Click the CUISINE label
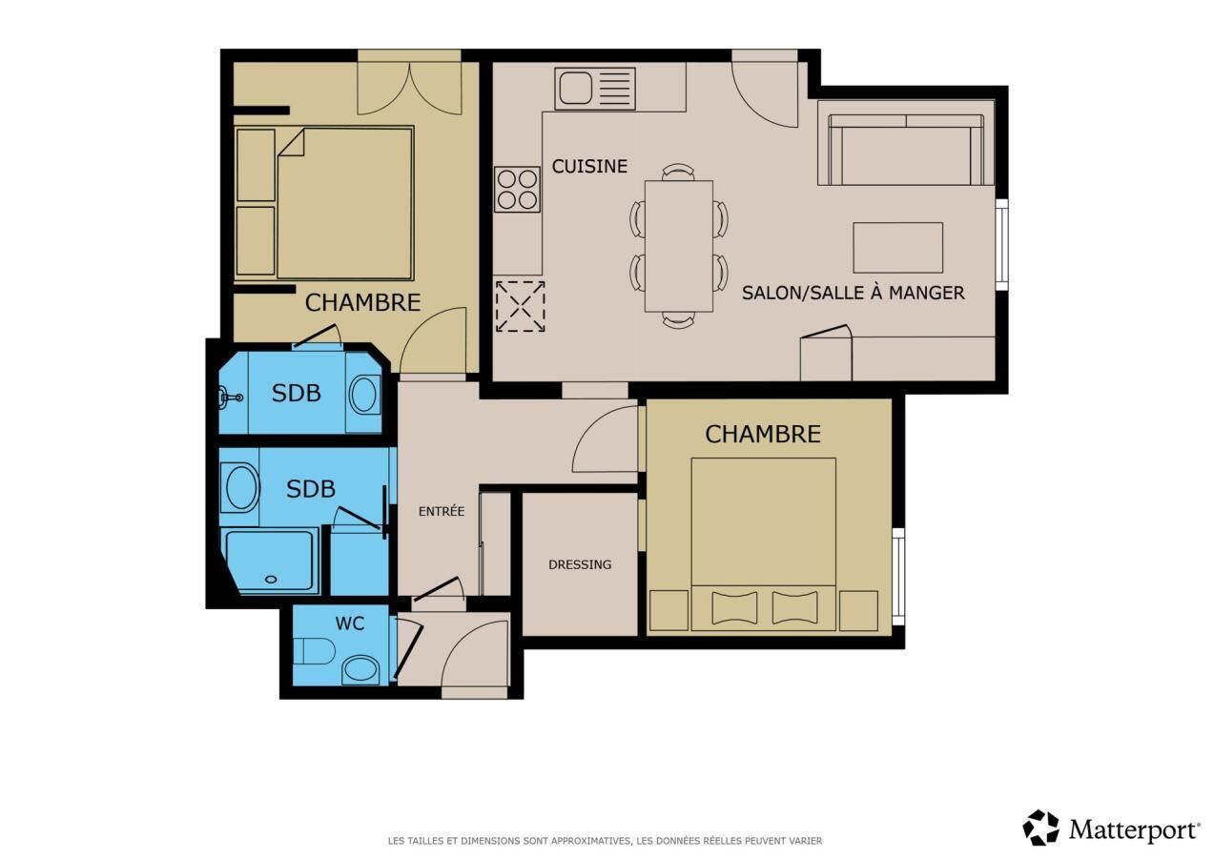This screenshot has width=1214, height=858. coord(589,166)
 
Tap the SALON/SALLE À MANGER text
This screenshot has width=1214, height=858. coord(853,293)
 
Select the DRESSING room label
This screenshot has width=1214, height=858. coord(580,564)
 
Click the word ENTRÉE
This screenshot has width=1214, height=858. coord(442,511)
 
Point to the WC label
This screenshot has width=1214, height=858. coord(350,623)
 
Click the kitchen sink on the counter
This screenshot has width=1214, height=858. coord(595,89)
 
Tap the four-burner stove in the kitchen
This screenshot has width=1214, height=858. coord(518,189)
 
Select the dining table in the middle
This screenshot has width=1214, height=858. coord(679,246)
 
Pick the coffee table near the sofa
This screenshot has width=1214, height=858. coord(898,248)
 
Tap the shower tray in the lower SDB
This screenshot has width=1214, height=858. coord(270,561)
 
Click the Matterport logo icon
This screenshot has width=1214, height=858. coord(1040,827)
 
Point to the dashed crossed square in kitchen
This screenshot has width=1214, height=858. coord(521,306)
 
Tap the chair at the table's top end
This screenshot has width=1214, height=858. coord(679,173)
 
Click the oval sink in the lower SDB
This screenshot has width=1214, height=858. coord(239,488)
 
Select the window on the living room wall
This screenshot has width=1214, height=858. coord(1002,244)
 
